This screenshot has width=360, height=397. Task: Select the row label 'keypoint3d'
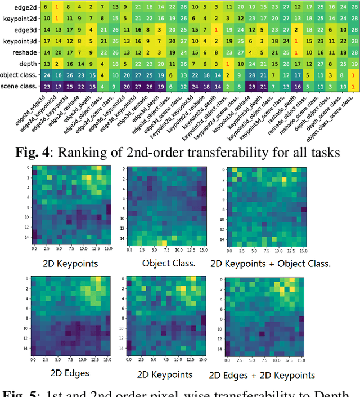click(19, 41)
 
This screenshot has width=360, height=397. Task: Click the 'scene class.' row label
click(20, 86)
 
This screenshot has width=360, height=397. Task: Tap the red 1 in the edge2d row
click(56, 7)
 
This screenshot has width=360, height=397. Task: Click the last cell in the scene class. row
click(353, 86)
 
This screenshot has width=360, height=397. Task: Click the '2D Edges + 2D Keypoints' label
click(262, 375)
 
